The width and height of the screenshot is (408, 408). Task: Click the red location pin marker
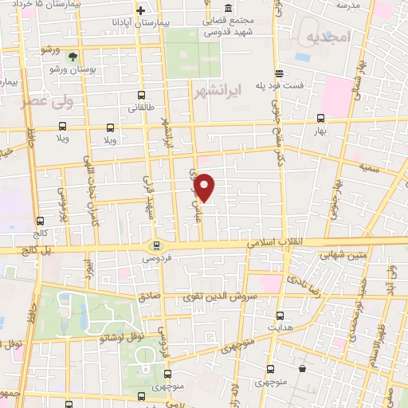pos(205,186)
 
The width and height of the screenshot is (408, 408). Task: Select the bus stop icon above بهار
pos(320,116)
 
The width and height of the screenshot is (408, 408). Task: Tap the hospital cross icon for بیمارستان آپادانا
pos(140,10)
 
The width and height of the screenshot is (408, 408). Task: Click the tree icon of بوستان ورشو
pos(73,55)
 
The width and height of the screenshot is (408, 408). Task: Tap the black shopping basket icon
pos(304,369)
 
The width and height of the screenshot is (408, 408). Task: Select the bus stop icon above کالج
pos(40,222)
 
